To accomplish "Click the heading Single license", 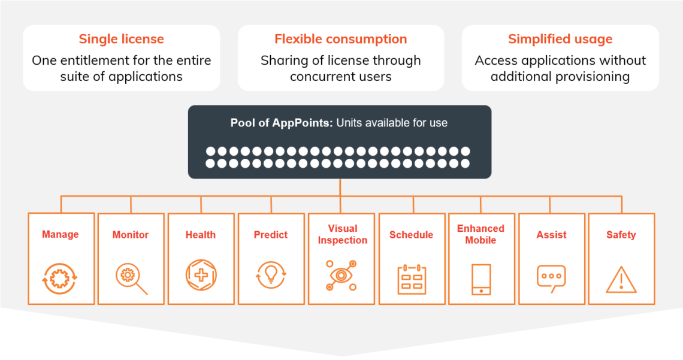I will coord(121,40).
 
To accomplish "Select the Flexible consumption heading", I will coord(340,40).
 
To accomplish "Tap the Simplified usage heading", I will coord(560,40).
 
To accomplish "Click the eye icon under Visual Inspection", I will coord(341,276).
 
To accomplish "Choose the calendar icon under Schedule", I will coord(412,279).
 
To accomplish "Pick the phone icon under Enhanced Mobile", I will coord(481,279).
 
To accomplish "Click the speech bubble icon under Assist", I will coord(551,278).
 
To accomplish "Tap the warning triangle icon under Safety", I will coord(621,280).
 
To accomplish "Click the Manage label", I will coord(60,235).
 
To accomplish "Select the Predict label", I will coord(271,235).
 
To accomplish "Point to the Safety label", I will coord(621,235).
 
